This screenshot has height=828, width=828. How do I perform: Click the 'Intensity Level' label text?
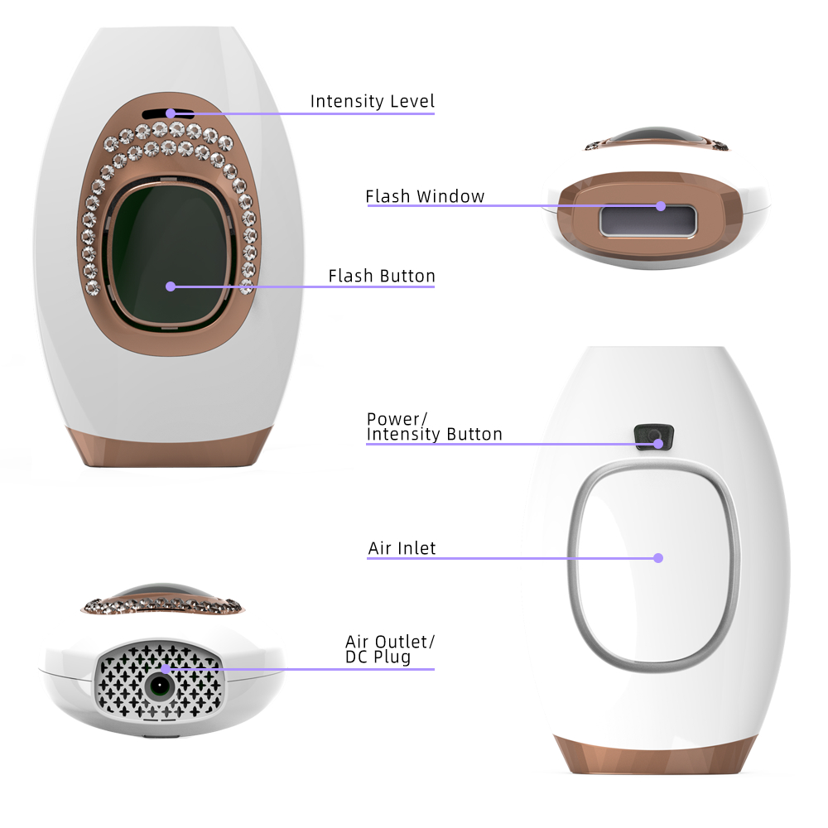[373, 101]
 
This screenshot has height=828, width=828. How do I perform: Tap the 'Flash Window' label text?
[425, 196]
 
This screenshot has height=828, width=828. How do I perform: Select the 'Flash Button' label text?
[381, 276]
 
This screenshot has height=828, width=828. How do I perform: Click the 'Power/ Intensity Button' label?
[434, 426]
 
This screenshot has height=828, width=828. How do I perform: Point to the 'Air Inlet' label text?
[402, 548]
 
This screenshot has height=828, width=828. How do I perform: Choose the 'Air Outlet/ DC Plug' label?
[390, 649]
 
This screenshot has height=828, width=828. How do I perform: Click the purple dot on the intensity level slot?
[170, 113]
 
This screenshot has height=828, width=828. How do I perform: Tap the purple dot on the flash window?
[661, 206]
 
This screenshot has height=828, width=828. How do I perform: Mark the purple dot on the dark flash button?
[170, 286]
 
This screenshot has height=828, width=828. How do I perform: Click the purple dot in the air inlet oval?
[658, 558]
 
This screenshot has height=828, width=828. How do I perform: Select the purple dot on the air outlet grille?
[166, 669]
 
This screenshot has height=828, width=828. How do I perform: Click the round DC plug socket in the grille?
[160, 686]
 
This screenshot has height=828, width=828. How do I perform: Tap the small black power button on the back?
[654, 436]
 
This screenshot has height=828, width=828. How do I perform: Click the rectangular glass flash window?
[647, 221]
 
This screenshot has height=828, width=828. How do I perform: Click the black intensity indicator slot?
[168, 114]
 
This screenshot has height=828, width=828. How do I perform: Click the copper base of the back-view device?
[655, 755]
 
